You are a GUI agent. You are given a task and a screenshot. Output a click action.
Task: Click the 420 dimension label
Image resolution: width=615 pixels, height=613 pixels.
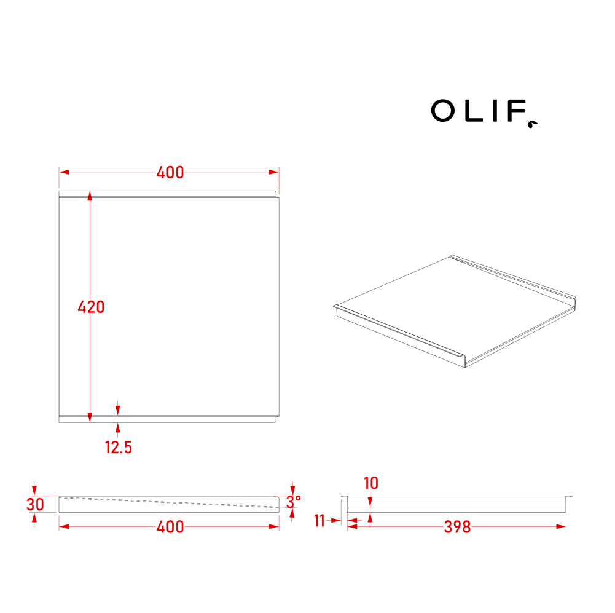(x=91, y=307)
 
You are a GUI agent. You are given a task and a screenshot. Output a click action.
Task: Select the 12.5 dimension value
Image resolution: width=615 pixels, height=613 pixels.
(x=118, y=448)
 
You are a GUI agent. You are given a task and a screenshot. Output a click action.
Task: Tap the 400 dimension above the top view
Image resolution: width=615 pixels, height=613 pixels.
(x=170, y=172)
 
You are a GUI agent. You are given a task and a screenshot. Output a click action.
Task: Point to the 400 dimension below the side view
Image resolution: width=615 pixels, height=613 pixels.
(x=170, y=527)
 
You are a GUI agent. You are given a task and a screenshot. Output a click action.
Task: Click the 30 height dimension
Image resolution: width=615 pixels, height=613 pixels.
(x=35, y=505)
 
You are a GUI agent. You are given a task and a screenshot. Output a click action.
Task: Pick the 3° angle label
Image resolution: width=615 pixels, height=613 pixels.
(x=293, y=502)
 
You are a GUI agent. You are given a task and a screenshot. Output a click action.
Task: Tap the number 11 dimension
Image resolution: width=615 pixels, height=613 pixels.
(x=319, y=521)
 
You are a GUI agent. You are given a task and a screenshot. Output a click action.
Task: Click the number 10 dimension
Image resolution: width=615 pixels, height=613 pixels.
(x=370, y=483)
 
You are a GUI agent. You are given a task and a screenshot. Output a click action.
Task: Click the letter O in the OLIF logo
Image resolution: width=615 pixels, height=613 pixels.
(x=442, y=111)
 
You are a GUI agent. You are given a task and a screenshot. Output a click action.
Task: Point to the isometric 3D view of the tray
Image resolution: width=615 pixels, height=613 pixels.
(x=456, y=312)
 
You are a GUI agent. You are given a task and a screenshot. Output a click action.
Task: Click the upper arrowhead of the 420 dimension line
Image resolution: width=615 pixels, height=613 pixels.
(x=90, y=196)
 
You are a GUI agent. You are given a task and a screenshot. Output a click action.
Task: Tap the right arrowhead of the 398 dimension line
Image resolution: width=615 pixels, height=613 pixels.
(x=561, y=526)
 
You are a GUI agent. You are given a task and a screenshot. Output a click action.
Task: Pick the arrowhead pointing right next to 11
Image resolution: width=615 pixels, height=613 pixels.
(x=336, y=521)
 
